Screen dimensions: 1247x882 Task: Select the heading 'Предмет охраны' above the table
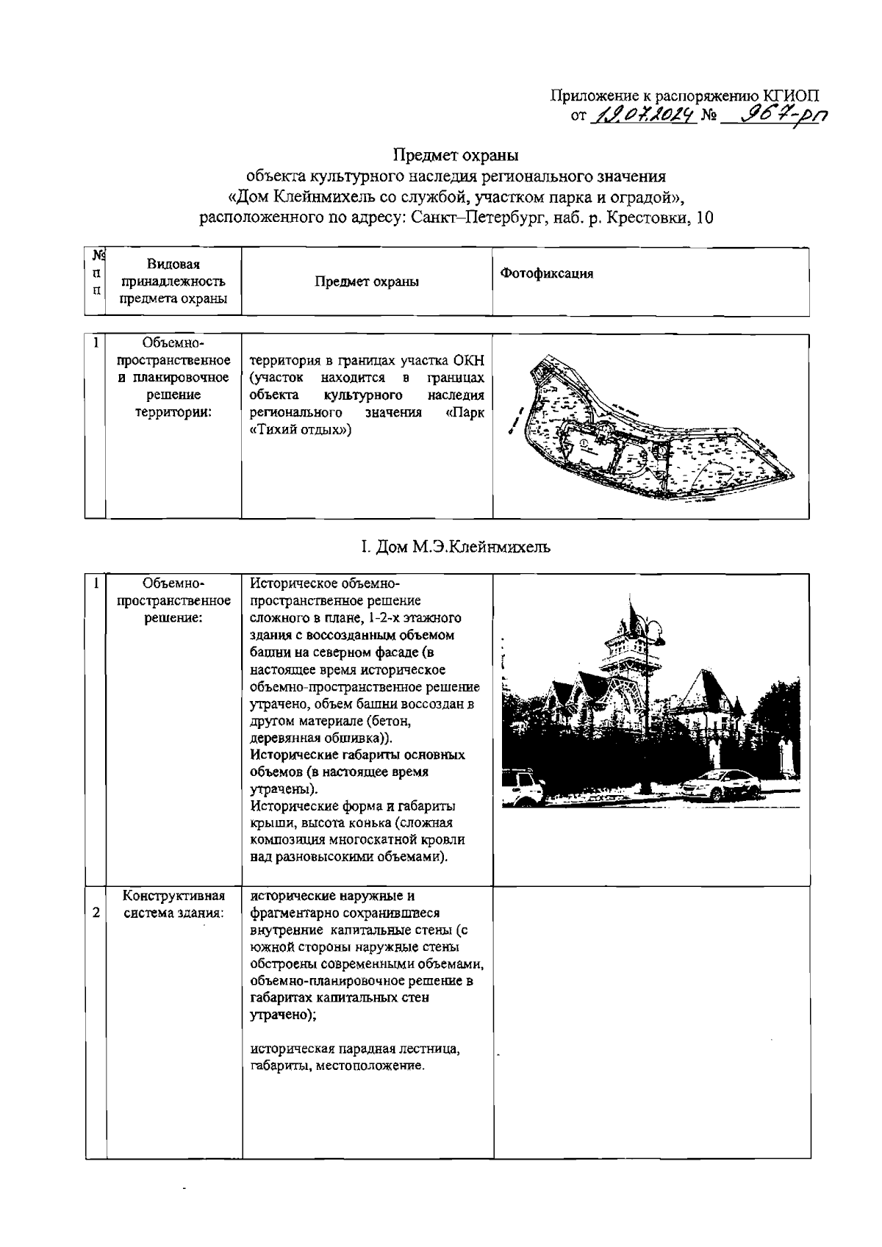[456, 155]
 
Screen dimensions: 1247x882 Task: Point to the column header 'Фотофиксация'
[546, 273]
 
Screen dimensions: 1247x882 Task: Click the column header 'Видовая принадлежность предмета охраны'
[173, 281]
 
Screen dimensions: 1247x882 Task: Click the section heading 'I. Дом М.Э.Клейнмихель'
[455, 547]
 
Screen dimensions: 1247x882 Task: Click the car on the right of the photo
[717, 785]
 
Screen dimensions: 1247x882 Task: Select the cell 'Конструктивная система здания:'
[173, 905]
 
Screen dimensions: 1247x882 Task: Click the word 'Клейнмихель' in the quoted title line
[321, 197]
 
